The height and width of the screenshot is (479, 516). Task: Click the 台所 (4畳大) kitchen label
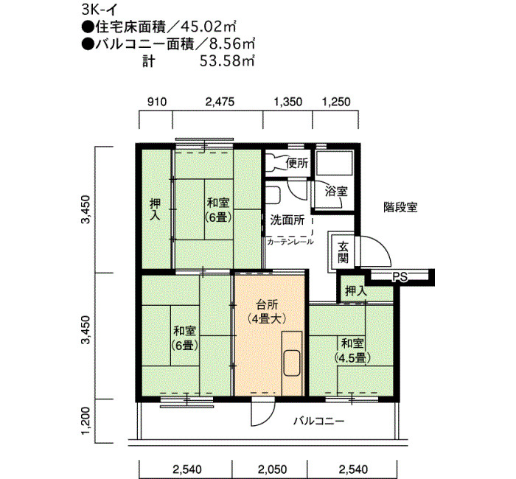(267, 312)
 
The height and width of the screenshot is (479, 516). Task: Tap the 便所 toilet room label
(297, 163)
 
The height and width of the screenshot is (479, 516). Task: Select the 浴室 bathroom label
(336, 191)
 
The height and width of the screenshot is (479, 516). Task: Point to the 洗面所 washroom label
(287, 220)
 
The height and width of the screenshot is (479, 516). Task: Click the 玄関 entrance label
(344, 252)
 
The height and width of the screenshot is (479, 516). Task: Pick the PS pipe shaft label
(400, 277)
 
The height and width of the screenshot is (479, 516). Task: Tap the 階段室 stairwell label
(400, 207)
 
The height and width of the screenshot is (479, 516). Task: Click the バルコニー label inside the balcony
(319, 421)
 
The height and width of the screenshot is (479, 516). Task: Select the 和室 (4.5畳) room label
(352, 350)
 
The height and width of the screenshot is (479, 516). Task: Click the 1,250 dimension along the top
(336, 102)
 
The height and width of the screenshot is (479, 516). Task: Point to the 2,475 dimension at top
(220, 102)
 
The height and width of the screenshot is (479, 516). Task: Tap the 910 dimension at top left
(157, 102)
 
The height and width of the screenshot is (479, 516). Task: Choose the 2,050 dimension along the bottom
(273, 469)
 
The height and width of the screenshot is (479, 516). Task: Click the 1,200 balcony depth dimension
(86, 421)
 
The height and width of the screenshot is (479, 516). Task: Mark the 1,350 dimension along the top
(288, 102)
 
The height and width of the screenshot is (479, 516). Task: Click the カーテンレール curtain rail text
(290, 242)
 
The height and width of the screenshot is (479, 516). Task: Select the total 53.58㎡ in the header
(227, 61)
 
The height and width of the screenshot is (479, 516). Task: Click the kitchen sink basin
(292, 363)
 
